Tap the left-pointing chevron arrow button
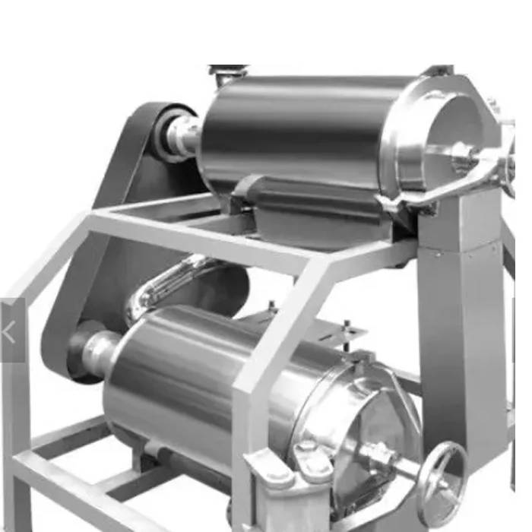[10, 331]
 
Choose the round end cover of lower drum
[357, 441]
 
